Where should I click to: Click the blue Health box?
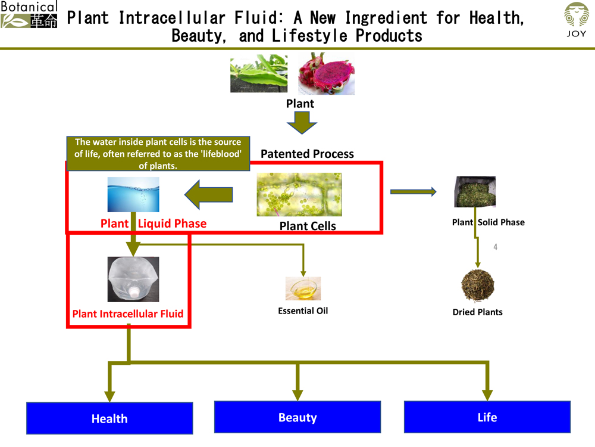click(109, 418)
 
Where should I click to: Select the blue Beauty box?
click(297, 417)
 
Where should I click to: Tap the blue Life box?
click(487, 417)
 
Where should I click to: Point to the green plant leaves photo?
click(259, 73)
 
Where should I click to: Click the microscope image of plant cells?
click(299, 194)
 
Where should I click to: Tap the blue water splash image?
click(133, 194)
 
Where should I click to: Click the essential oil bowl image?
click(303, 288)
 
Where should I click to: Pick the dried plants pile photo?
click(478, 285)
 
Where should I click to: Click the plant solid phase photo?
click(475, 191)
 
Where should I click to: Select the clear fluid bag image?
click(133, 279)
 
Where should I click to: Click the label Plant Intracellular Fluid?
click(128, 313)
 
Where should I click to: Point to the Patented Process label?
click(307, 154)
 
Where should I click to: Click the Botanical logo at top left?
click(29, 15)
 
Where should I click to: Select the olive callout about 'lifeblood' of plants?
click(158, 154)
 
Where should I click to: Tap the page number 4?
click(495, 247)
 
